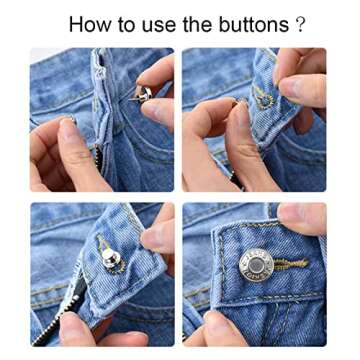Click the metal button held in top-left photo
[144, 93]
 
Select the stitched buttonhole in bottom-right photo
[290, 265]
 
